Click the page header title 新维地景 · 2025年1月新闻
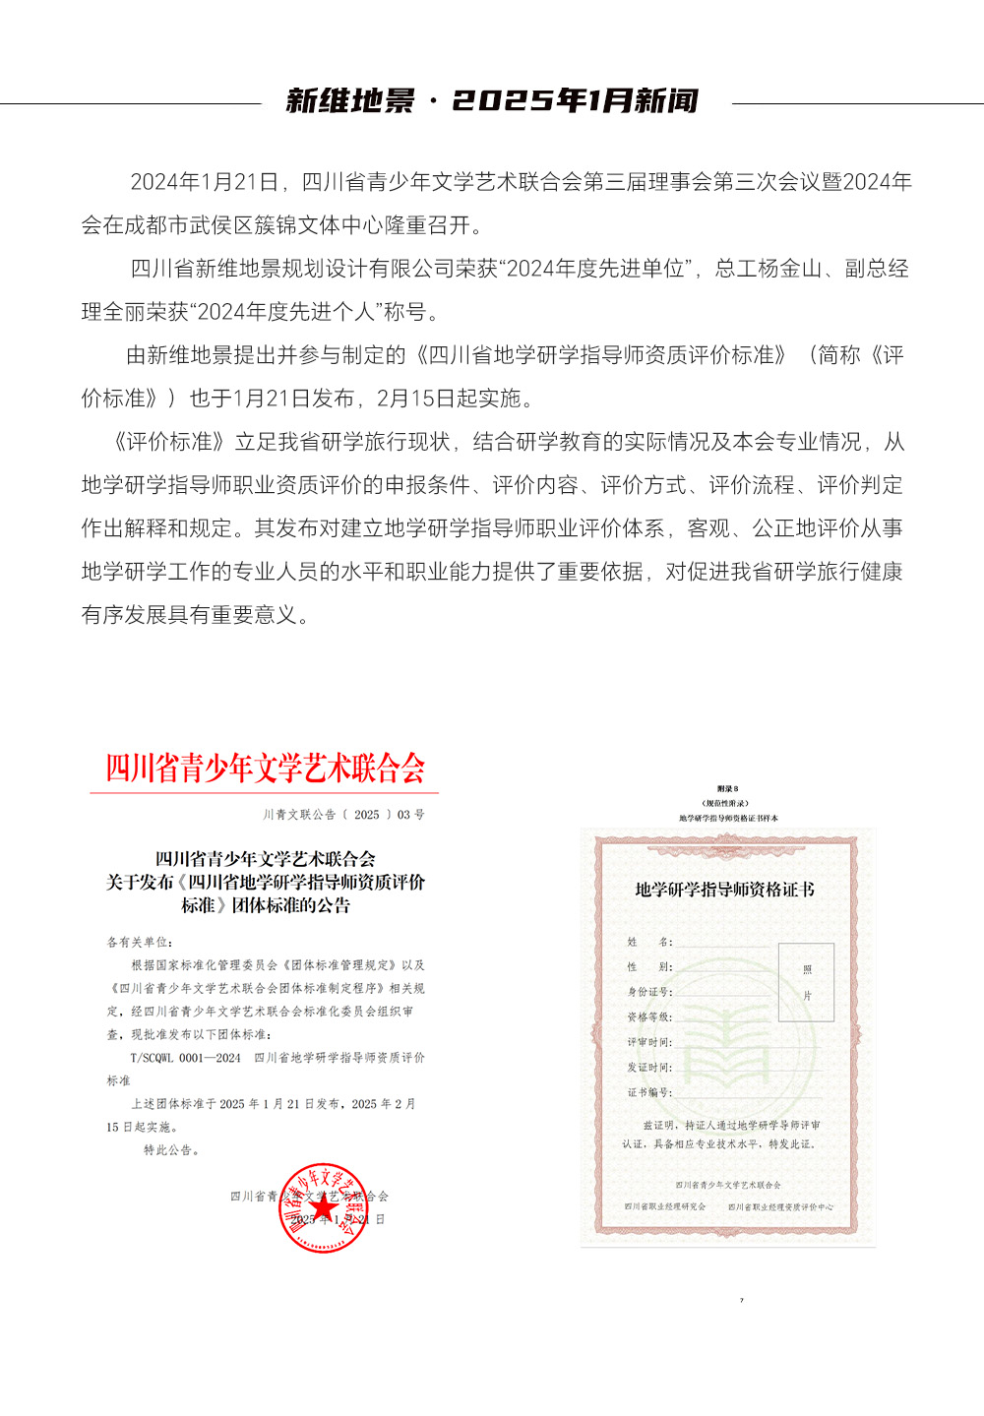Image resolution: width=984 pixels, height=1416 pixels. [x=492, y=101]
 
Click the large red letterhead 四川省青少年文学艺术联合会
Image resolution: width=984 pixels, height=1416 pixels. [x=266, y=769]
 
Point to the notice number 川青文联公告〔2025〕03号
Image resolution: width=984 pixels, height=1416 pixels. [x=343, y=815]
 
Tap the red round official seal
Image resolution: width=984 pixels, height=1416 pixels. [x=323, y=1207]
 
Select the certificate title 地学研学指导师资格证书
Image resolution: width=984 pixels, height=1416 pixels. [x=724, y=890]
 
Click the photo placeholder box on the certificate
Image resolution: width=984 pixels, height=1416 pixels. [x=806, y=982]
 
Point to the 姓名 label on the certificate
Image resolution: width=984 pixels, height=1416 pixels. [x=649, y=942]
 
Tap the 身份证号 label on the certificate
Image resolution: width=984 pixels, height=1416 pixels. [x=649, y=992]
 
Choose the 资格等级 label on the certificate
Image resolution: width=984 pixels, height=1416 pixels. [x=649, y=1016]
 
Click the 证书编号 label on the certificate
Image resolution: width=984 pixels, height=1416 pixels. [x=649, y=1092]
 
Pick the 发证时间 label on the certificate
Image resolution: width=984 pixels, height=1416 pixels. [x=649, y=1068]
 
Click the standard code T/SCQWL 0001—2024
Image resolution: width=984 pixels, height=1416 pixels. [x=185, y=1058]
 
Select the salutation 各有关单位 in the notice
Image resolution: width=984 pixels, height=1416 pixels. [x=139, y=942]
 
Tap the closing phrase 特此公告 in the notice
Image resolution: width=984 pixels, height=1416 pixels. [x=171, y=1150]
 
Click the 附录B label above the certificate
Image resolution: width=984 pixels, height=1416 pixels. [x=727, y=789]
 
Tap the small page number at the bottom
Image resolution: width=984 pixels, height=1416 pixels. [x=742, y=1301]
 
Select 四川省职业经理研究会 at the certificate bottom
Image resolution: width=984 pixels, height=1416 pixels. [x=665, y=1206]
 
